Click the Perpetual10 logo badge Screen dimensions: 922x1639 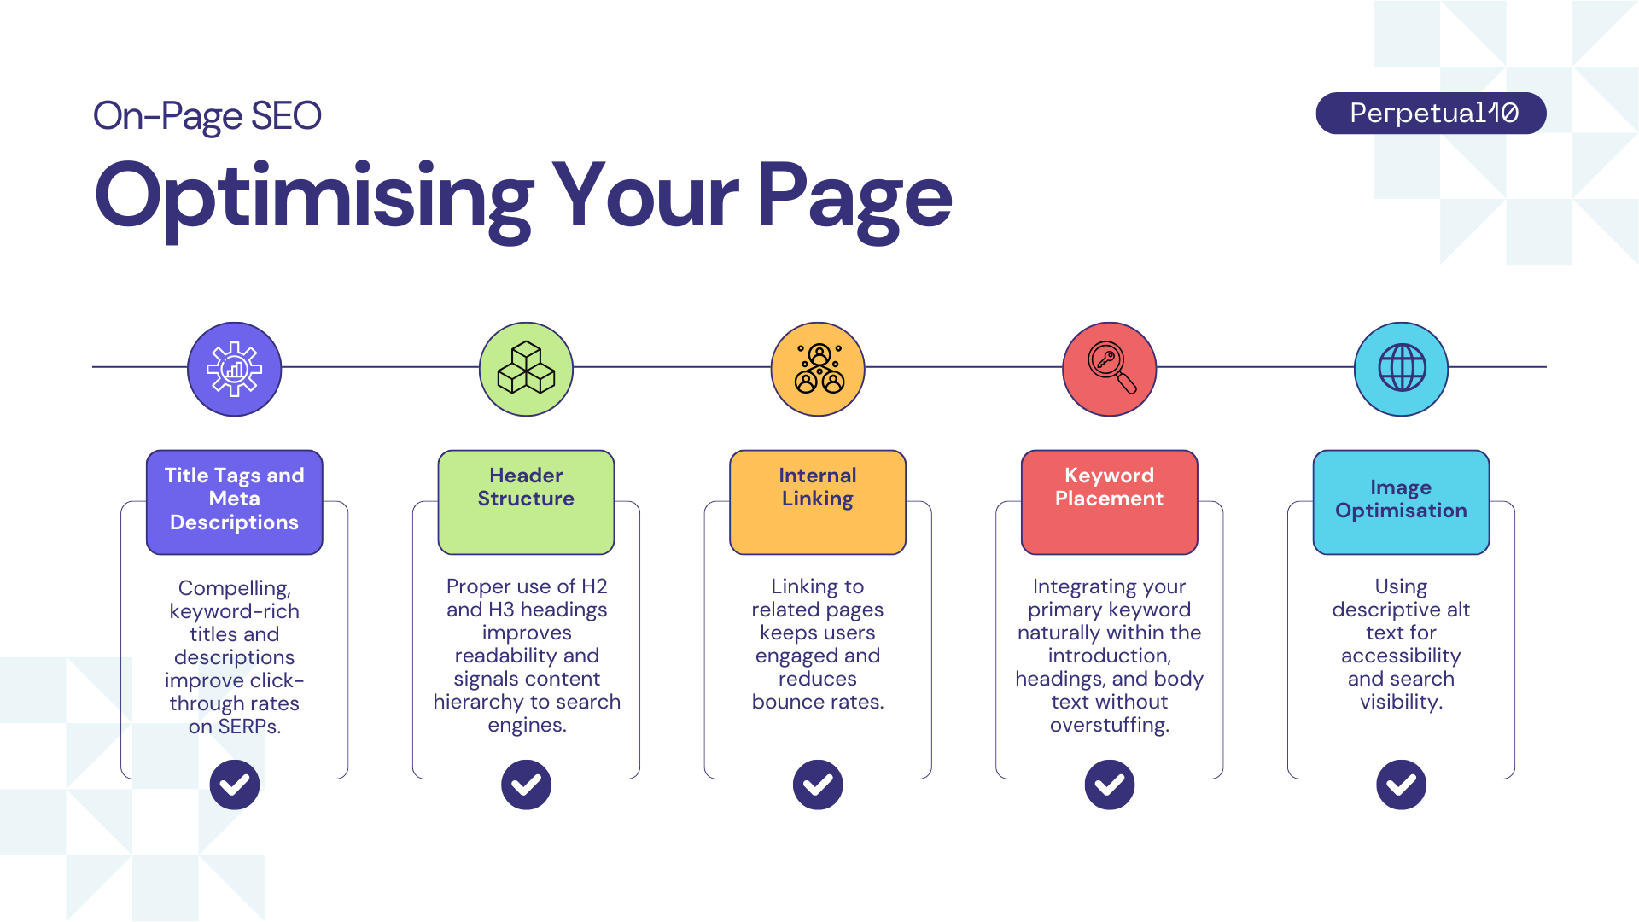tap(1431, 114)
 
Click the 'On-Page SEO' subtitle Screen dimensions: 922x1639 tap(207, 116)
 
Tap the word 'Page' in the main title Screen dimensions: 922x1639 tap(854, 198)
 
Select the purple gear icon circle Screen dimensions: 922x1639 tap(235, 369)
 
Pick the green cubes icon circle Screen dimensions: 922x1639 tap(526, 369)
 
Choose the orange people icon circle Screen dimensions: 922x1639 tap(818, 369)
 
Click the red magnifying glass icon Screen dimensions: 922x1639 tap(1110, 369)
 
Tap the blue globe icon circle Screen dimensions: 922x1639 tap(1401, 369)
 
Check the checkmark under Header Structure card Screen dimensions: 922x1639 tap(526, 785)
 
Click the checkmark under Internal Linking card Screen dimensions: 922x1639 tap(818, 785)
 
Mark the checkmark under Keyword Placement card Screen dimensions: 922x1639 tap(1110, 785)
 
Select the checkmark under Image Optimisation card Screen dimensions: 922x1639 tap(1401, 785)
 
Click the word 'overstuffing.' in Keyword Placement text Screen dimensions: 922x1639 tap(1110, 726)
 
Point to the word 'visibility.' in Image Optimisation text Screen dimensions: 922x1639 tap(1401, 703)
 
